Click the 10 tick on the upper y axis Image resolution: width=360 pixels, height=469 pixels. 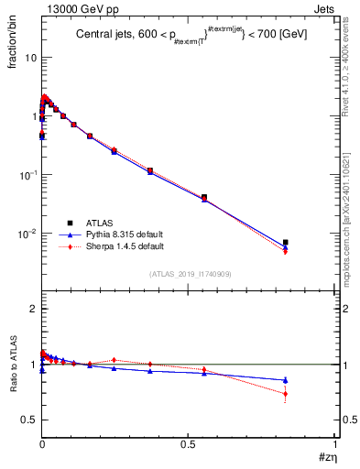[x=30, y=58]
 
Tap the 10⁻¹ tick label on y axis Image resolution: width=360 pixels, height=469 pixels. [x=27, y=175]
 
